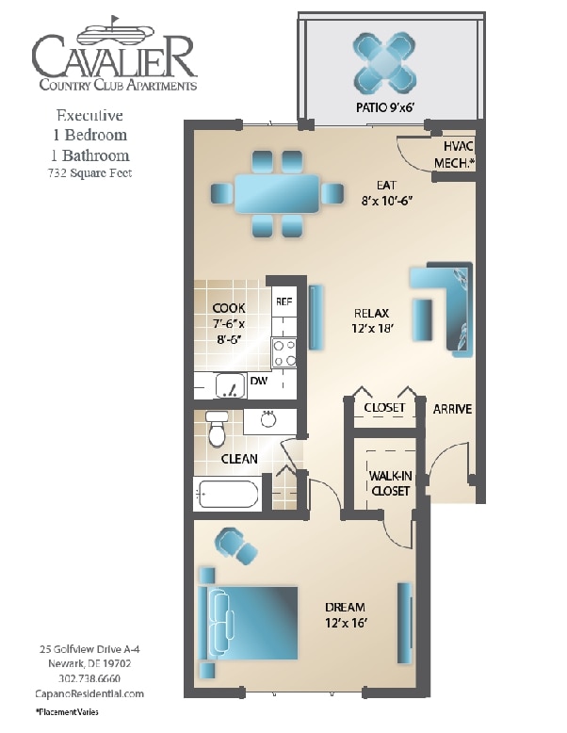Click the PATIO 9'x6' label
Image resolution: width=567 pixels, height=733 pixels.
[x=383, y=107]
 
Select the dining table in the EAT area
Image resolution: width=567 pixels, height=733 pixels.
[x=276, y=193]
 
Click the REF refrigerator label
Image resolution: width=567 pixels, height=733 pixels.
[x=283, y=301]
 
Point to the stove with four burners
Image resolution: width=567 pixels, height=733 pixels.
[x=283, y=352]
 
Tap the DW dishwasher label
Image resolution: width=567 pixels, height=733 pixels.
[x=259, y=382]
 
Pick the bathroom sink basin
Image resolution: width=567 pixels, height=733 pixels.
[x=268, y=420]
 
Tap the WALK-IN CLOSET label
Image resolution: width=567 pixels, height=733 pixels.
[x=389, y=483]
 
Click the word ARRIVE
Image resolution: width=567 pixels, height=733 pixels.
[x=452, y=409]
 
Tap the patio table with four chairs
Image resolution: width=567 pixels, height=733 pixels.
[x=383, y=61]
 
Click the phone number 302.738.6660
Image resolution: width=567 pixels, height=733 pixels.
[x=90, y=678]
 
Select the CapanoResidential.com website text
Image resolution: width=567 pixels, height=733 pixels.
[x=90, y=693]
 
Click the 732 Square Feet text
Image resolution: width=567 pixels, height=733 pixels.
[x=90, y=173]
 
